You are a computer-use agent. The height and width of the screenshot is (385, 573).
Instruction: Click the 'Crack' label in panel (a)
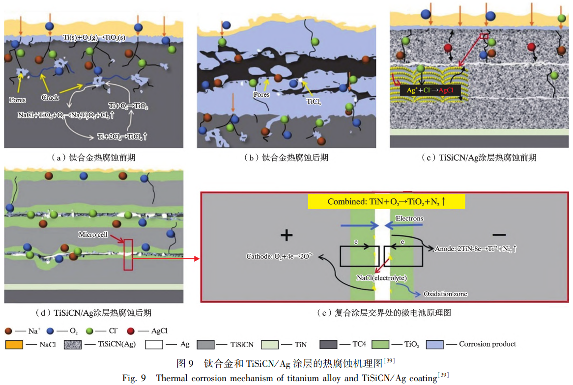click(x=50, y=97)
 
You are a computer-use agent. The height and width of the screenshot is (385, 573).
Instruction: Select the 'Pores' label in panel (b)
click(x=261, y=94)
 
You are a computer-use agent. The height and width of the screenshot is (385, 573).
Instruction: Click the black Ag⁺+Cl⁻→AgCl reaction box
click(x=430, y=90)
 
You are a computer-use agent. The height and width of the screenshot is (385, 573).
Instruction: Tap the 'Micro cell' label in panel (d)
click(x=93, y=234)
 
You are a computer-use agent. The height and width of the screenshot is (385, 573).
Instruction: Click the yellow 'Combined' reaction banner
click(x=386, y=202)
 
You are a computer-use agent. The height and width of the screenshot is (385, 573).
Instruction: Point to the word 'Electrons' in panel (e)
click(x=409, y=218)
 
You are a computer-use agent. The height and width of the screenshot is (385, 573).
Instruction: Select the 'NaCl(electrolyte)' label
click(x=382, y=278)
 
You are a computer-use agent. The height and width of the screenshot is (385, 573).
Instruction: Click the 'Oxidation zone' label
click(x=445, y=294)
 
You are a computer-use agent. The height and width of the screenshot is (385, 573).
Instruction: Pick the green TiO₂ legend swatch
click(x=381, y=344)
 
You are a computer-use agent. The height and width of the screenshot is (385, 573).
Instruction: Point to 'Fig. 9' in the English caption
click(x=134, y=378)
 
